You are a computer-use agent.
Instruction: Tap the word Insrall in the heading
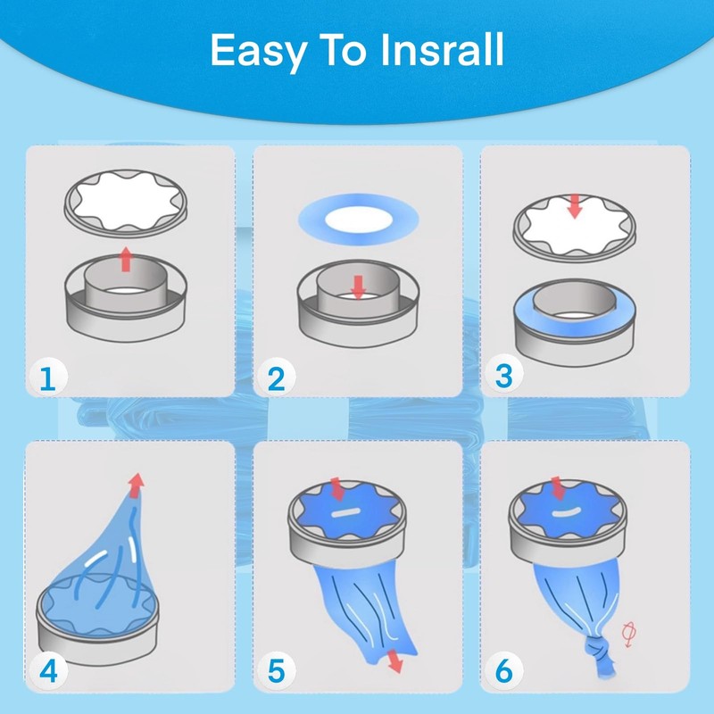pyautogui.click(x=442, y=50)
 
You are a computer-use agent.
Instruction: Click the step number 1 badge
pyautogui.click(x=48, y=378)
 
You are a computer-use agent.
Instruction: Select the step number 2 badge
pyautogui.click(x=276, y=378)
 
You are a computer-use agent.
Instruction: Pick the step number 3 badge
pyautogui.click(x=503, y=376)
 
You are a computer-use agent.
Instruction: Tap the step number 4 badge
pyautogui.click(x=48, y=671)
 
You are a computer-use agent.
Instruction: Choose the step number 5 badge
pyautogui.click(x=276, y=671)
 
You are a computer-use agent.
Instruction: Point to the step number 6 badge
pyautogui.click(x=503, y=671)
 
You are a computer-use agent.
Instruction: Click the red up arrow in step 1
pyautogui.click(x=126, y=260)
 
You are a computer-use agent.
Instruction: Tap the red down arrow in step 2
pyautogui.click(x=359, y=286)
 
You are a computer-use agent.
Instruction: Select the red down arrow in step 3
pyautogui.click(x=575, y=206)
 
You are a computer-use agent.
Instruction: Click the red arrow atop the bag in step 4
pyautogui.click(x=136, y=486)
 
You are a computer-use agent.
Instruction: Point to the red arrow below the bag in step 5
pyautogui.click(x=394, y=661)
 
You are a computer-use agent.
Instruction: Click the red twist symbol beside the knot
pyautogui.click(x=629, y=635)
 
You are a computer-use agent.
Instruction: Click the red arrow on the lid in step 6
pyautogui.click(x=557, y=488)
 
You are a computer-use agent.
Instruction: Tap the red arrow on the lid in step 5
pyautogui.click(x=337, y=489)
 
